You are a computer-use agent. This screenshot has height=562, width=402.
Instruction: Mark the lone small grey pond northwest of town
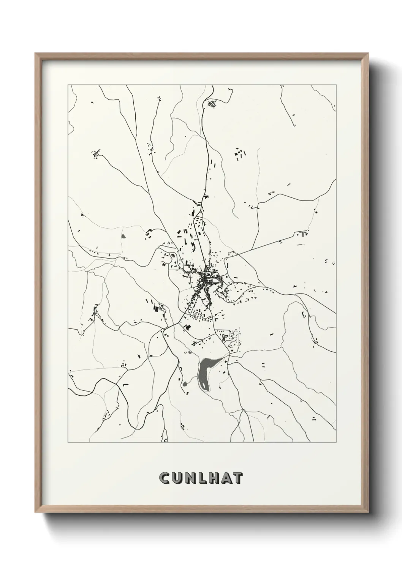pos(123,236)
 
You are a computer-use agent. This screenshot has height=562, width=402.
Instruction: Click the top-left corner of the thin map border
pos(68,85)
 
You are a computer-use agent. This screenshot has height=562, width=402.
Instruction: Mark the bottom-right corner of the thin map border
pos(336,442)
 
